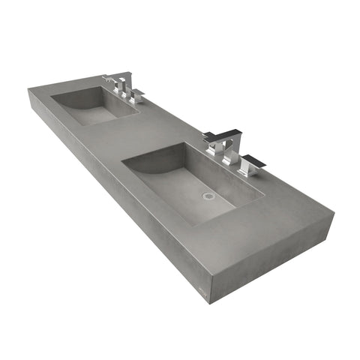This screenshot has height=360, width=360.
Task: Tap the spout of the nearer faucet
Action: point(214,137)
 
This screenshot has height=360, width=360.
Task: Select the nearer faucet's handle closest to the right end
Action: point(250,163)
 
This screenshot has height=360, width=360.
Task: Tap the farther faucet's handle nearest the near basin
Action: point(136,96)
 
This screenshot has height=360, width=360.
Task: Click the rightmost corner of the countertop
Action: point(334,217)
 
